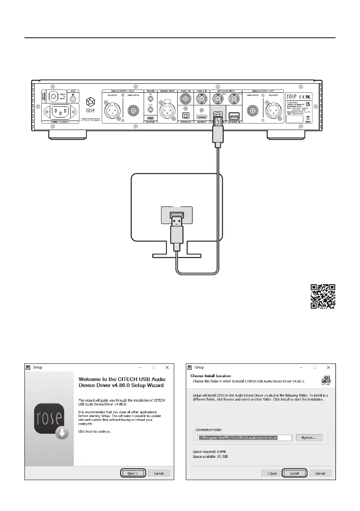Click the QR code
(x=323, y=297)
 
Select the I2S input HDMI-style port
(x=202, y=116)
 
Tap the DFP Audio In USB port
(x=234, y=116)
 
